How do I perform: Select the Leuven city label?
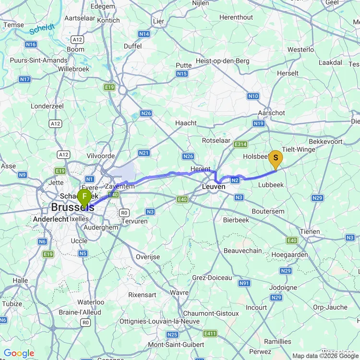(x=214, y=187)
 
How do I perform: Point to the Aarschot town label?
(x=272, y=113)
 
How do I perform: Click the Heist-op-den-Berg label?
(x=222, y=61)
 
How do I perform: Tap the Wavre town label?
(x=179, y=292)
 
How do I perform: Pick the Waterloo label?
(x=91, y=302)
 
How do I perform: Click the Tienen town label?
(x=310, y=231)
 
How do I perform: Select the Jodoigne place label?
(x=283, y=288)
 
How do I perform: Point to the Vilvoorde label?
(x=101, y=156)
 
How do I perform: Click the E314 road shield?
(x=240, y=144)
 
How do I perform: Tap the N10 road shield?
(x=253, y=96)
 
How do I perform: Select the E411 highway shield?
(x=209, y=333)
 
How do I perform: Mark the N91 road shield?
(x=245, y=283)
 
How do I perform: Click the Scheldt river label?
(x=41, y=30)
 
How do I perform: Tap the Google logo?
(x=19, y=354)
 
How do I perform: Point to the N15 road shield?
(x=181, y=73)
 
